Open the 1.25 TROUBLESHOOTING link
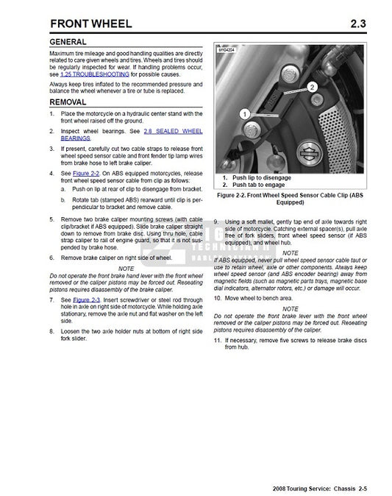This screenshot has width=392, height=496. (x=94, y=75)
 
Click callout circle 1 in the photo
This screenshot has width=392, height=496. (x=244, y=113)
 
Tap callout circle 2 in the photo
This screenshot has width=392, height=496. (x=313, y=86)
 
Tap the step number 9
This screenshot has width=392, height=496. (x=215, y=222)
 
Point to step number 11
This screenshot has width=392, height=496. (x=217, y=342)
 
